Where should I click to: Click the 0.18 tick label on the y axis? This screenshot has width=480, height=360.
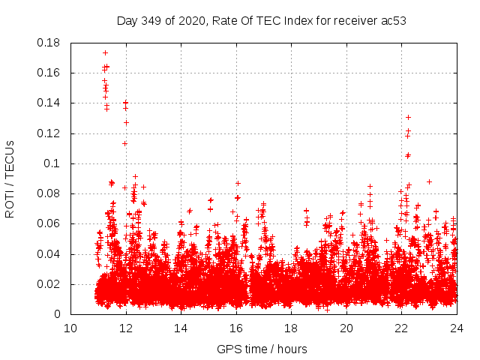tap(49, 43)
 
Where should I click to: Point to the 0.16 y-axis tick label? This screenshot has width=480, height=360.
tap(49, 73)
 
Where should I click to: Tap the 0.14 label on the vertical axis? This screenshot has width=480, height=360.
tap(49, 103)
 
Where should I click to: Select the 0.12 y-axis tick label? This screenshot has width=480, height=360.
tap(49, 133)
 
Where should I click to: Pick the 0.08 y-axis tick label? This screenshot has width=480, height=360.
tap(49, 193)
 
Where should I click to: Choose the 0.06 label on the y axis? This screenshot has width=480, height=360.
tap(49, 223)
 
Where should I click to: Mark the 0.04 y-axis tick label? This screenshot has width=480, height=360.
tap(49, 254)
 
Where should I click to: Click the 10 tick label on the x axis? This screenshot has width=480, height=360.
tap(70, 328)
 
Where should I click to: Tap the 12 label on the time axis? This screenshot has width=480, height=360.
tap(126, 328)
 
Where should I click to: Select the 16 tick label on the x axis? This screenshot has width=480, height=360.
tap(236, 328)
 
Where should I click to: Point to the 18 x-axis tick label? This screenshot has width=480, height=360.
tap(292, 328)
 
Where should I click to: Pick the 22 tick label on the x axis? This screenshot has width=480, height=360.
tap(402, 328)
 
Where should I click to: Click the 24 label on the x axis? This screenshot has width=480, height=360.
tap(457, 328)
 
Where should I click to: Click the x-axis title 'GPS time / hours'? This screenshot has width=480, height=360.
tap(262, 349)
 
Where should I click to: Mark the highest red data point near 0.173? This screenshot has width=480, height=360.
tap(106, 52)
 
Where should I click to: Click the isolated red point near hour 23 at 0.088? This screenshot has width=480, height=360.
tap(429, 181)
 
